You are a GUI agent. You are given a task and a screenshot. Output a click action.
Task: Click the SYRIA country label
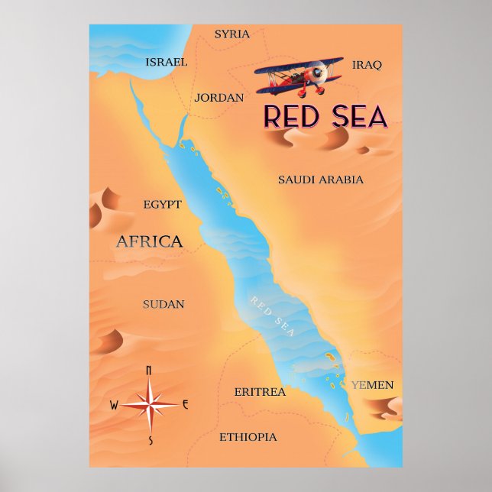click(231, 34)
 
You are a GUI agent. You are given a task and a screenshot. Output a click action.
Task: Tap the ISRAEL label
click(166, 62)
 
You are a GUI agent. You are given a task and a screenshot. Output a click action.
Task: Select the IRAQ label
click(366, 65)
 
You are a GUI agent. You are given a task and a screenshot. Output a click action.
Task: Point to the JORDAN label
click(218, 98)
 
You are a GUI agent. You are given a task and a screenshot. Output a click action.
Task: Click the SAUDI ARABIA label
click(320, 180)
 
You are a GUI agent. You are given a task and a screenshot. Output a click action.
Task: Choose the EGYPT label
click(162, 205)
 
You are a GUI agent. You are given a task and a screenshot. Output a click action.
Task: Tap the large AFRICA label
click(149, 242)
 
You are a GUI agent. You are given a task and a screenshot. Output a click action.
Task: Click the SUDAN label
click(163, 304)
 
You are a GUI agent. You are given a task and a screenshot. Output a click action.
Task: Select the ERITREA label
click(260, 392)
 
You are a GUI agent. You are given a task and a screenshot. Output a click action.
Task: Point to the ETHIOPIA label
click(248, 437)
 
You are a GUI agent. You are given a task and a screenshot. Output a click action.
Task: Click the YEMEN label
click(373, 385)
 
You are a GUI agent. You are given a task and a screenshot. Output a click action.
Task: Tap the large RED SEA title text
click(325, 117)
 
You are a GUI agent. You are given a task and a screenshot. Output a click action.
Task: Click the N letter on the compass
click(148, 371)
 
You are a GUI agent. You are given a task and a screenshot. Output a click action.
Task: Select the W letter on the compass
click(114, 405)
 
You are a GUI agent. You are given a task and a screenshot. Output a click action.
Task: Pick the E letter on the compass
click(185, 404)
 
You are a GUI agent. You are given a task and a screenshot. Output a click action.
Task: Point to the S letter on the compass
click(151, 440)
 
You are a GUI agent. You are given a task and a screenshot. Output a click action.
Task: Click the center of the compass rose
click(150, 404)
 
